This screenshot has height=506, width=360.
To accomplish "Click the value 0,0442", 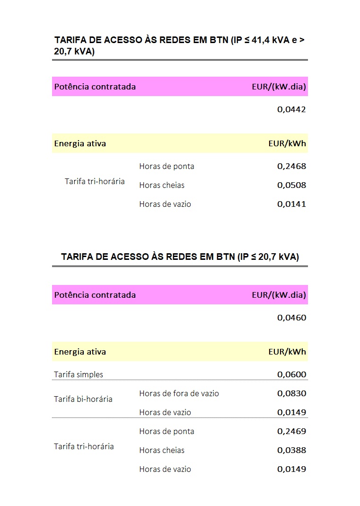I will [x=291, y=109].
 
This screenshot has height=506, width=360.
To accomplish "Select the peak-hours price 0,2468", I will [x=291, y=166].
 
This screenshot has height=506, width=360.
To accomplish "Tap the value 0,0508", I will [x=291, y=185].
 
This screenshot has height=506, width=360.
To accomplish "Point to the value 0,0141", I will [x=291, y=204].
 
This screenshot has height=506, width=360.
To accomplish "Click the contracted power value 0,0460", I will [x=291, y=318].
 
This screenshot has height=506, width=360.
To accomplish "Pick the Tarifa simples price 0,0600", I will [x=291, y=374].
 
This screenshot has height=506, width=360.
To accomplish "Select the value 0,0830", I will [x=291, y=393].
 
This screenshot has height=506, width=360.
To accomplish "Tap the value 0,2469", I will [x=291, y=431].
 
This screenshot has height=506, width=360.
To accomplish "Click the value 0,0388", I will [x=291, y=450].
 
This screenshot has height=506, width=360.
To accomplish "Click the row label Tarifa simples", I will [x=79, y=374].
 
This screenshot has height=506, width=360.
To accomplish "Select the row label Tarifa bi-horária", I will [x=83, y=399].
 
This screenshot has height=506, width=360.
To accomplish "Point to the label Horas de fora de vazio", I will [x=179, y=393].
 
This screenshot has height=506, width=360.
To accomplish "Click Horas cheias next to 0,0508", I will [x=162, y=185].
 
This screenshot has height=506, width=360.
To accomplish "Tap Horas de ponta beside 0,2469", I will [x=167, y=431].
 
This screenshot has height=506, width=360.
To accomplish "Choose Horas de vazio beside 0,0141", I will [x=165, y=204].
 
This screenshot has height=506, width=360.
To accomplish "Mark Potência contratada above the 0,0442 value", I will [x=95, y=87].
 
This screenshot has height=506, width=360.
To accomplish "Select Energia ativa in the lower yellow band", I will [x=80, y=352].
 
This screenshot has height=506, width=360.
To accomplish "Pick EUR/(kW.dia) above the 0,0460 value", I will [x=279, y=295].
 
